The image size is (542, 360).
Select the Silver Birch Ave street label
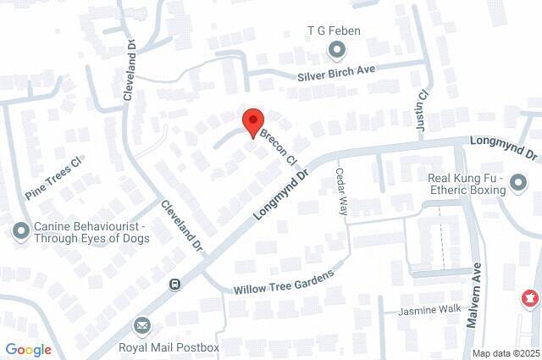click(346, 73)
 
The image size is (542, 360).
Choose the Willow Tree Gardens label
click(279, 282)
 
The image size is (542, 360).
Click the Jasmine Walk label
click(429, 311)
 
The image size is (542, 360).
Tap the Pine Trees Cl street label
click(53, 178)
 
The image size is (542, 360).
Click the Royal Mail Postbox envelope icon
click(141, 325)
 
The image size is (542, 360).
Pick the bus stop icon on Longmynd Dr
click(175, 285)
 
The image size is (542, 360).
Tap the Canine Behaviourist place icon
click(20, 230)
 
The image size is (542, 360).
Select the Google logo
click(28, 349)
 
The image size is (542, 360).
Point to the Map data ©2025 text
click(506, 353)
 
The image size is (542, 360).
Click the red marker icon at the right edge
click(530, 298)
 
